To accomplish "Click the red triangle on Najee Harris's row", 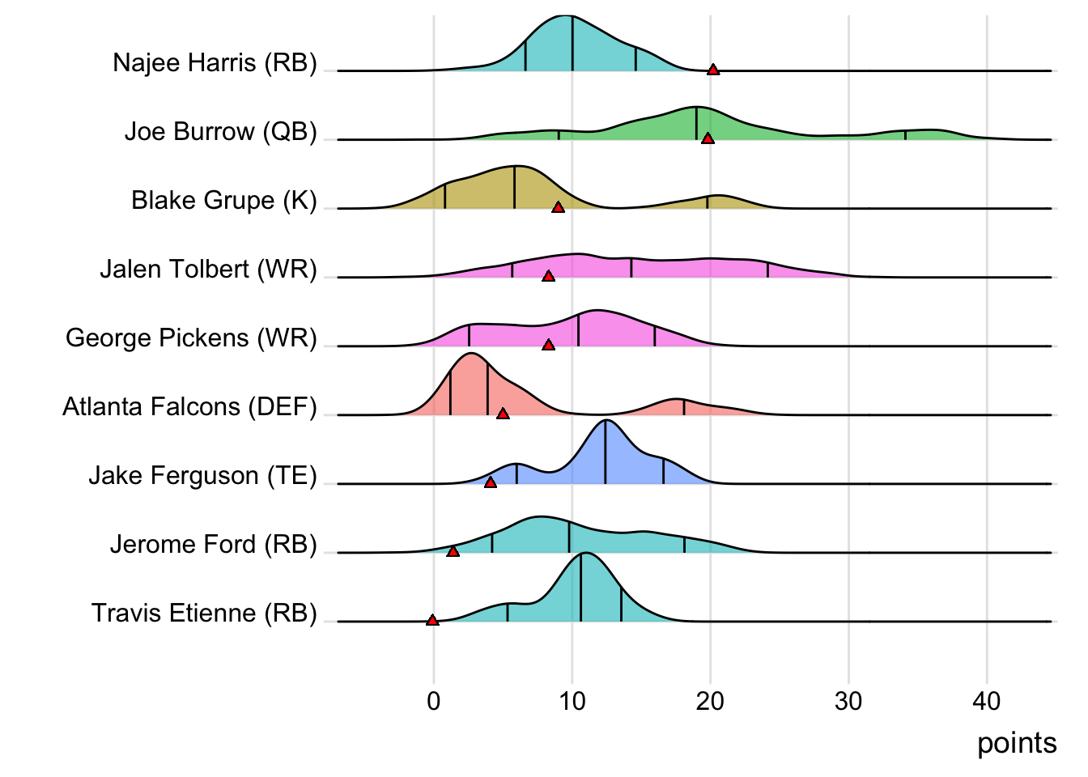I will (x=712, y=70).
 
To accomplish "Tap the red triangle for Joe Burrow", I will (x=708, y=138).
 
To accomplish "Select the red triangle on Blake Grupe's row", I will (x=558, y=207).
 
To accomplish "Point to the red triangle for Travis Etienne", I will (x=432, y=620).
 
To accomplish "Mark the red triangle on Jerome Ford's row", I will (x=453, y=551).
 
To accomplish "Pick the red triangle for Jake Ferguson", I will (x=490, y=482).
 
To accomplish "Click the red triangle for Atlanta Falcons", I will (x=503, y=414).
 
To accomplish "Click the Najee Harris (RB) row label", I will (x=215, y=62).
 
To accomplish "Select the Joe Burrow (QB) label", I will (x=220, y=131).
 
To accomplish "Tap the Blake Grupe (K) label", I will (x=223, y=200).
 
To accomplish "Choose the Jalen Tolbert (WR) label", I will (x=208, y=269).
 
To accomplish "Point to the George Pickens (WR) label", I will (x=191, y=338).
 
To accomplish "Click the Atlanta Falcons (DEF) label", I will (x=189, y=406).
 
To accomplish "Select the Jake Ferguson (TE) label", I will (x=202, y=475).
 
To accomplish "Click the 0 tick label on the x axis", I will (x=433, y=701).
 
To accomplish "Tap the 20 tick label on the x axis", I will (x=710, y=701).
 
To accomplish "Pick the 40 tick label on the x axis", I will (x=987, y=701).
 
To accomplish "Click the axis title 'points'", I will (x=1017, y=743).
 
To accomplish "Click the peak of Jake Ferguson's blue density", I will (x=606, y=421).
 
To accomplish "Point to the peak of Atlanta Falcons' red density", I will (x=471, y=355).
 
